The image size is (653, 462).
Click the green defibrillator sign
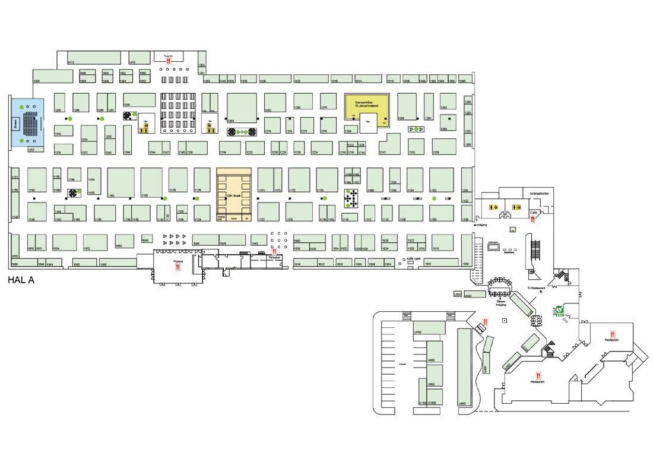click(559, 310)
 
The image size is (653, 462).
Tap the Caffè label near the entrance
click(533, 212)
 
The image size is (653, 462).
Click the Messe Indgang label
click(501, 303)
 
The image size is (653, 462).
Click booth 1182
click(121, 182)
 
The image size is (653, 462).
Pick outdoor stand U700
click(429, 327)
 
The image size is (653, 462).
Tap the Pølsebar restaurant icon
click(274, 251)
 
